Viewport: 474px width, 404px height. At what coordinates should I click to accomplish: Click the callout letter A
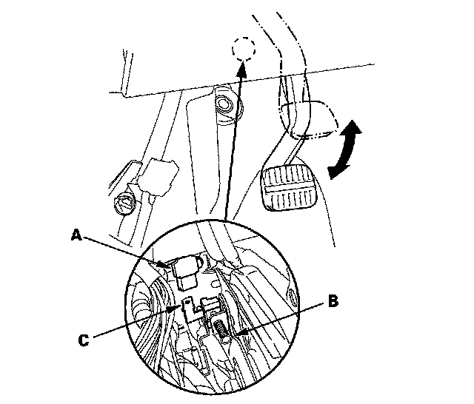click(76, 235)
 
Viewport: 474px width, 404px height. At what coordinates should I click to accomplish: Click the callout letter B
click(333, 301)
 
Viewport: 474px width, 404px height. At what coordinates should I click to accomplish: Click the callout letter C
click(84, 340)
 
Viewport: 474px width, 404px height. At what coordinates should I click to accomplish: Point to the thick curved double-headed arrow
click(345, 149)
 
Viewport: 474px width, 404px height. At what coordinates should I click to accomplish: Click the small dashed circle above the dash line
click(244, 49)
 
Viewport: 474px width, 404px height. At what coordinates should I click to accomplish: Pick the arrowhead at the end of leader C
click(176, 309)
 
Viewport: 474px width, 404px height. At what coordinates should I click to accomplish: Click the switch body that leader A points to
click(187, 272)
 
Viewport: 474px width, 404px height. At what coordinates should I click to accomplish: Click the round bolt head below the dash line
click(224, 104)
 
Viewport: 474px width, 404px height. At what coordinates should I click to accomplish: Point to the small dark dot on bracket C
click(187, 302)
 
